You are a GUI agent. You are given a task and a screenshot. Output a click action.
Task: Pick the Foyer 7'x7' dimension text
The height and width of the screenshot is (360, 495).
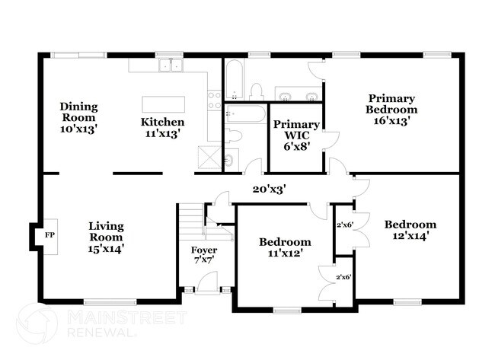pyautogui.click(x=204, y=260)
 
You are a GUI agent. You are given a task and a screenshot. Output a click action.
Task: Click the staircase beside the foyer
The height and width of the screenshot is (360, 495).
pyautogui.click(x=190, y=224)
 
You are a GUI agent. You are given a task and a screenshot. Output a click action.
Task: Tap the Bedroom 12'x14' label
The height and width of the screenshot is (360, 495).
pyautogui.click(x=410, y=230)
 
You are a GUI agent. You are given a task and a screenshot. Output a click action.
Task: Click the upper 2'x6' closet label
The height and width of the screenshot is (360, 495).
pyautogui.click(x=345, y=224)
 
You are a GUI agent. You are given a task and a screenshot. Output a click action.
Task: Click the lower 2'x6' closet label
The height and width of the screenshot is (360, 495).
pyautogui.click(x=345, y=276)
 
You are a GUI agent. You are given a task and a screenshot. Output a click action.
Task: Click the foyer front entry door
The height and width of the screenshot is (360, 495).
pyautogui.click(x=204, y=288)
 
